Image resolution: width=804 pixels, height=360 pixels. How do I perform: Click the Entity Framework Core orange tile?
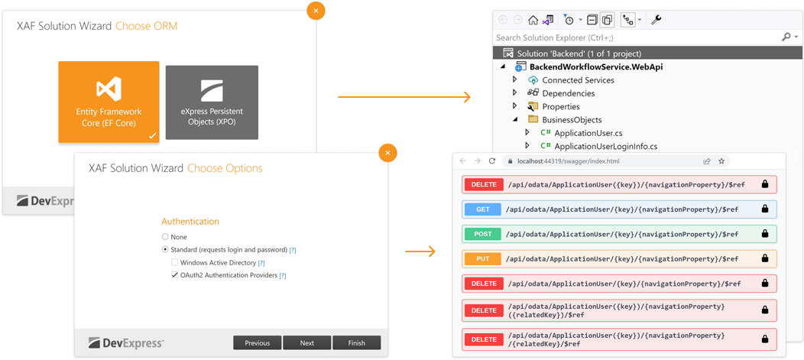click(109, 102)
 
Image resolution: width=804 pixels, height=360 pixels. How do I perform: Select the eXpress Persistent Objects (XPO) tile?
click(212, 102)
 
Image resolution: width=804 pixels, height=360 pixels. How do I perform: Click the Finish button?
click(356, 343)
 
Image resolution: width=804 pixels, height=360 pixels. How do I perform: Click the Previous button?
click(257, 343)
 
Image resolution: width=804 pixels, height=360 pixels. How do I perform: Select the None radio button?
click(165, 237)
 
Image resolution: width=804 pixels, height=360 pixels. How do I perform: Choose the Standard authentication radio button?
click(165, 250)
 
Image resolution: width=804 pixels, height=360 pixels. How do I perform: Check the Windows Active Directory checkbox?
click(175, 262)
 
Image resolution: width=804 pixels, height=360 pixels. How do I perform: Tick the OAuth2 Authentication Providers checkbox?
click(175, 275)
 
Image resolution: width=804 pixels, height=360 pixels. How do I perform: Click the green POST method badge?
click(482, 234)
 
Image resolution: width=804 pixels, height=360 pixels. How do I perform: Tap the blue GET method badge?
click(482, 209)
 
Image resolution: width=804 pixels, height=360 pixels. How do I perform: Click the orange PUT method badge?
click(482, 259)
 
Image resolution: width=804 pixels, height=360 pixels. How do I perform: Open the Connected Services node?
click(578, 80)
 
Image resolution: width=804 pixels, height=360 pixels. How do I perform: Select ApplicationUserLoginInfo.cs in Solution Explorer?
click(605, 146)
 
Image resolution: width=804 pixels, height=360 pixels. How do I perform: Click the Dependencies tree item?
click(568, 93)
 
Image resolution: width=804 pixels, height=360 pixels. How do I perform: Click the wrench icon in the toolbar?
click(656, 20)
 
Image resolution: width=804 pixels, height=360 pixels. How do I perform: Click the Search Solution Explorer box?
click(634, 37)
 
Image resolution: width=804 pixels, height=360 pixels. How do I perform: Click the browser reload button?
click(492, 161)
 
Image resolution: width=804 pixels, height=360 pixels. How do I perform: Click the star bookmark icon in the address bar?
click(721, 161)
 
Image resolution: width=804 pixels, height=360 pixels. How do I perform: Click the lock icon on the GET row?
click(764, 209)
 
